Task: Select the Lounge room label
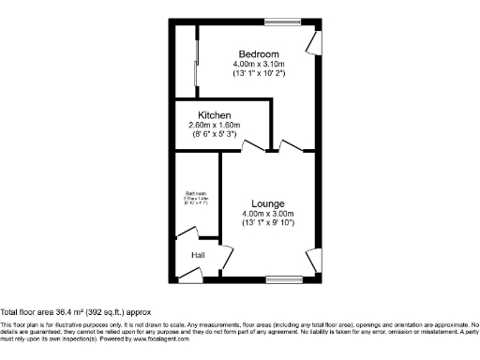click(x=268, y=202)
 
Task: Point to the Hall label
click(x=198, y=255)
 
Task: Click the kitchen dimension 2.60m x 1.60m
click(x=215, y=125)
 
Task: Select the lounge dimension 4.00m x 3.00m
click(x=268, y=213)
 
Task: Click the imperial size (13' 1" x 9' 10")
click(x=268, y=223)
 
